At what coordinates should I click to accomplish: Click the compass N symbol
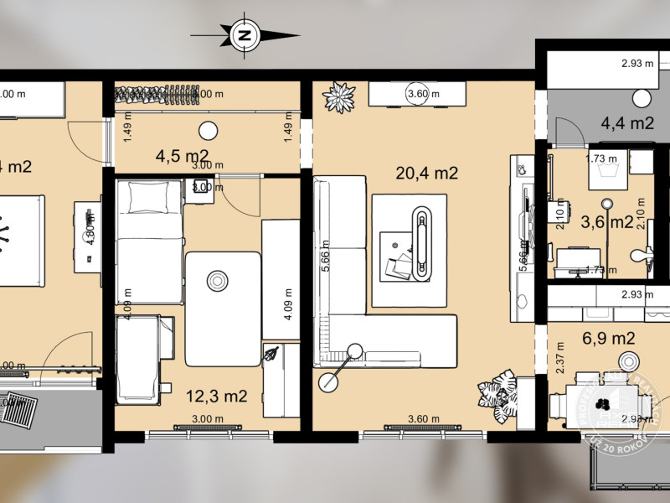pyautogui.click(x=245, y=35)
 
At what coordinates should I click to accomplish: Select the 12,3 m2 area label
pyautogui.click(x=216, y=396)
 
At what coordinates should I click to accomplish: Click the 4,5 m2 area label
pyautogui.click(x=183, y=155)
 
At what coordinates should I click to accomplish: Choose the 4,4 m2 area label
pyautogui.click(x=627, y=123)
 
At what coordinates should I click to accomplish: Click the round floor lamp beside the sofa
pyautogui.click(x=328, y=382)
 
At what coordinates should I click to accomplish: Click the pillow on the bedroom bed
pyautogui.click(x=150, y=197)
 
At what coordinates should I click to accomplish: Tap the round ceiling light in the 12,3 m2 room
pyautogui.click(x=219, y=279)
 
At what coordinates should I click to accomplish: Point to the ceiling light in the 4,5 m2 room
pyautogui.click(x=208, y=130)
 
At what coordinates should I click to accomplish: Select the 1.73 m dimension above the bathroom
pyautogui.click(x=601, y=157)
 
